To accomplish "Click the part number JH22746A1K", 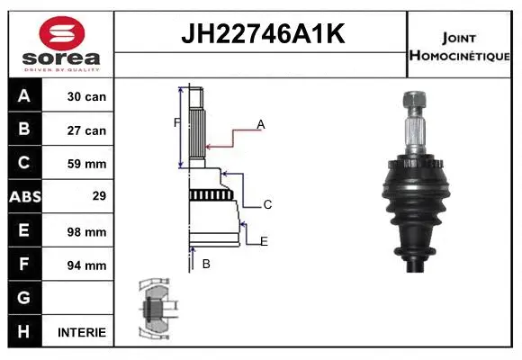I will tap(261, 35).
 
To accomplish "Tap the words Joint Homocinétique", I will tap(460, 46).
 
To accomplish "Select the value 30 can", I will tap(87, 96).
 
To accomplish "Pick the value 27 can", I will tap(87, 130).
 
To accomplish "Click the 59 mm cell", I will tap(87, 164).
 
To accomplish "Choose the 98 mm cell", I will tap(87, 231).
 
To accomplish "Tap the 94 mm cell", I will tap(87, 265).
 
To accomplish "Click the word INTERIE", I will tap(82, 332).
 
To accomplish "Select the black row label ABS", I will tap(24, 197).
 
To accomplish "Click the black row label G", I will tap(24, 298).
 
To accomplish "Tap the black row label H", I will tap(24, 331).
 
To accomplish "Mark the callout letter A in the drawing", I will tap(260, 124).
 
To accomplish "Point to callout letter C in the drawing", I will tap(267, 205).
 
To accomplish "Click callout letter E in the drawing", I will tap(264, 241).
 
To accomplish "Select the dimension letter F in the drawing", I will tap(176, 121).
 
